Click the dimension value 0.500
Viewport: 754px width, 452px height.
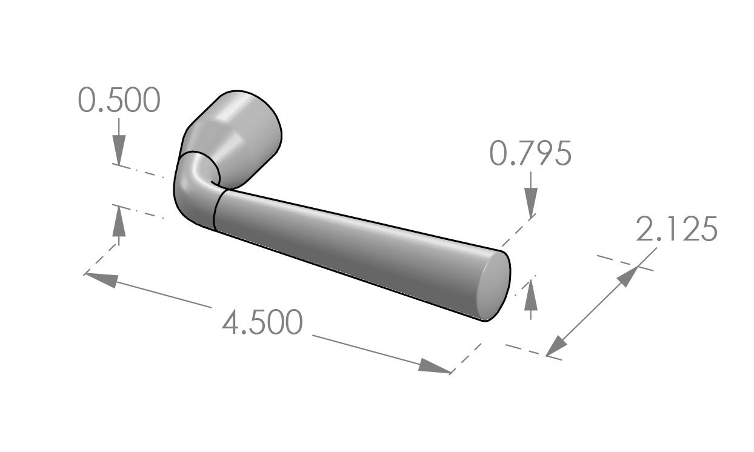pos(119,100)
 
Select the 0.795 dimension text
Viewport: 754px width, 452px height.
pos(530,154)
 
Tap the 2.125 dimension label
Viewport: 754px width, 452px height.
pos(676,230)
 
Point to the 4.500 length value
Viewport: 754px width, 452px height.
pos(262,322)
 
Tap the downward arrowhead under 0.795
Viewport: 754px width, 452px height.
pos(531,202)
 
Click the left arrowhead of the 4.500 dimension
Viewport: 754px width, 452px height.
pos(101,279)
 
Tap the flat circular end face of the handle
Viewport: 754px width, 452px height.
pos(493,286)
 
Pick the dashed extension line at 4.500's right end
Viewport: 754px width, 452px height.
pos(466,357)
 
